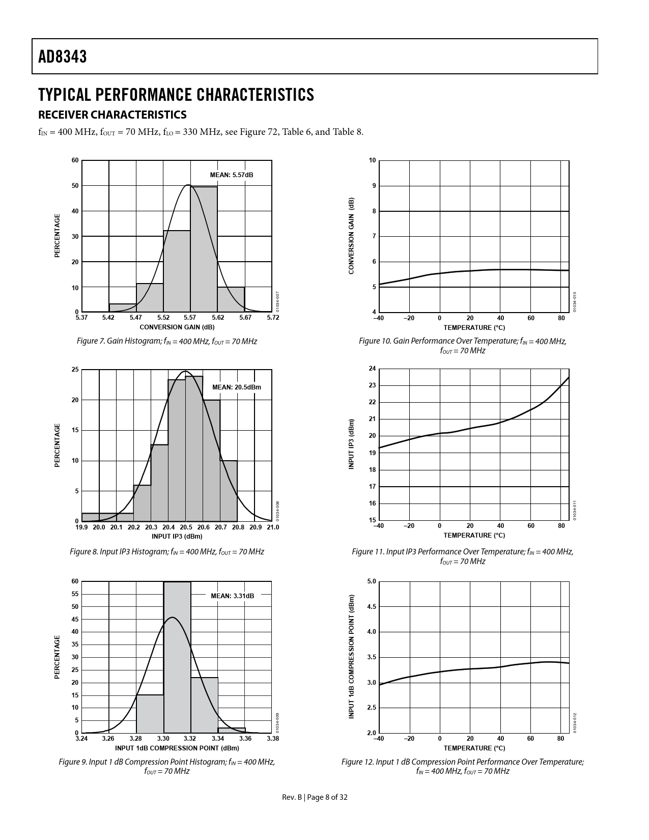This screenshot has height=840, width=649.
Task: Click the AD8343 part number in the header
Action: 63,57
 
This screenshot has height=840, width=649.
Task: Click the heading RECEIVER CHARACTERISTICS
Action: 112,114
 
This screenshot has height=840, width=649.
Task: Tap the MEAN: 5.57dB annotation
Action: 232,175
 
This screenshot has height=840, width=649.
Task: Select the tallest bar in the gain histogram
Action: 204,249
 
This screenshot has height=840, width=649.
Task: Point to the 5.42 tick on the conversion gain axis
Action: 108,318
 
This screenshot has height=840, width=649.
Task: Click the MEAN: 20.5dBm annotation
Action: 236,387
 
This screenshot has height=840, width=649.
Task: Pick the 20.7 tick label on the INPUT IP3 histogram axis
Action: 220,527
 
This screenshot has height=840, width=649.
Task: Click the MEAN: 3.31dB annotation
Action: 232,596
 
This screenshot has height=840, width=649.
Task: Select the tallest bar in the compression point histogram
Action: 177,657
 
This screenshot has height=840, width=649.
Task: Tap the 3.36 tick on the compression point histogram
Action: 245,738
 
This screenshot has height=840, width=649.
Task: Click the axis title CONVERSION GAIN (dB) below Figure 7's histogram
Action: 177,327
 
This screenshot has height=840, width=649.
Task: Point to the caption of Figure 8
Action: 166,552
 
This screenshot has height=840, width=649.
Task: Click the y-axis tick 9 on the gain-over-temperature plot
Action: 374,186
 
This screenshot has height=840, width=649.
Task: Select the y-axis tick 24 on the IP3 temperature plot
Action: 372,369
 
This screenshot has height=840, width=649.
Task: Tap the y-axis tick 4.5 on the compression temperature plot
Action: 371,607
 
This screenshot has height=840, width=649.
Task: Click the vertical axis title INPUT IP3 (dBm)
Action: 351,444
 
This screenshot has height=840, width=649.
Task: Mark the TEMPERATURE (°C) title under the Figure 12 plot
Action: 474,748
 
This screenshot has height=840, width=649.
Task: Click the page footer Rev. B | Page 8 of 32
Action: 315,798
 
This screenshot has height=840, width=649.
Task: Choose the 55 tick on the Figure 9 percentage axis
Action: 75,594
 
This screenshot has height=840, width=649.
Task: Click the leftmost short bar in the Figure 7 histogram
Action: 122,307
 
